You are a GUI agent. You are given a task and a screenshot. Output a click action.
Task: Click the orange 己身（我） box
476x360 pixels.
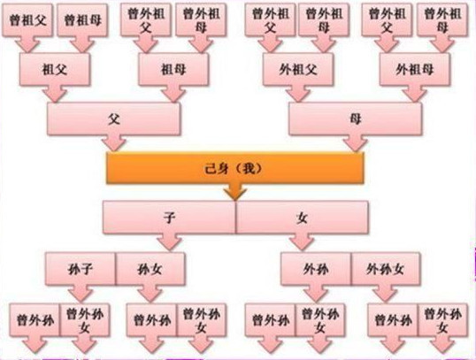(235, 168)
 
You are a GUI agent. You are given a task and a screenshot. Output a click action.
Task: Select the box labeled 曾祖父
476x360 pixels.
(27, 20)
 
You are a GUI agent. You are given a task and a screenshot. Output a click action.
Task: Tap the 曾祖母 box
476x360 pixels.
(82, 20)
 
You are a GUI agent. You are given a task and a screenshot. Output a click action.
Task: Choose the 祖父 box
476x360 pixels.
(55, 70)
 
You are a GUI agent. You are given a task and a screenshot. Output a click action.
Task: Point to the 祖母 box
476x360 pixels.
(173, 70)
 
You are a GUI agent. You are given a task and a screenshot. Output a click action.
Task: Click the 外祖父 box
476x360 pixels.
(298, 70)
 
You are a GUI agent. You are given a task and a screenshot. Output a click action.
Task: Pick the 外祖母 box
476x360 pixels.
(414, 70)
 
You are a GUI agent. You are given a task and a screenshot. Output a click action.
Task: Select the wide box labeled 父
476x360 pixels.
(114, 119)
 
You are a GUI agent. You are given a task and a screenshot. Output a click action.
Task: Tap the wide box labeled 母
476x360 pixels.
(355, 119)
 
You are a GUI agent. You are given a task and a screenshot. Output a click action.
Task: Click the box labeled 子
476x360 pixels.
(169, 218)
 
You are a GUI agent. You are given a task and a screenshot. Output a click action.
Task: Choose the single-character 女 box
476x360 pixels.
(302, 218)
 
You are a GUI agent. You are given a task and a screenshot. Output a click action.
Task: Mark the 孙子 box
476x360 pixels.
(81, 269)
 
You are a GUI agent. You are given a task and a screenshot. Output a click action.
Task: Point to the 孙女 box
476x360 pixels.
(150, 269)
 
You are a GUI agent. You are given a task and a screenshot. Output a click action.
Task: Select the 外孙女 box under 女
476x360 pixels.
(386, 269)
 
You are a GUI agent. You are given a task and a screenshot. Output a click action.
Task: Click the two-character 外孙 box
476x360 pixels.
(316, 269)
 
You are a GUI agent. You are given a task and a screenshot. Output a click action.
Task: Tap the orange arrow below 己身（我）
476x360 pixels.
(235, 192)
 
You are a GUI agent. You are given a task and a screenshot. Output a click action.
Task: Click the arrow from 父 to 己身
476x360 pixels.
(114, 142)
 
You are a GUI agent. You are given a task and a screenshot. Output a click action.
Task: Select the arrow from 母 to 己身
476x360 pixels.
(355, 142)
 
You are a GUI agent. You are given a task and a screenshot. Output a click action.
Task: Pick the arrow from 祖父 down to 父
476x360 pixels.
(55, 94)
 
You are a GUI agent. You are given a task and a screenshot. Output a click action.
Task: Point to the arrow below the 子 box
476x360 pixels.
(169, 242)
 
